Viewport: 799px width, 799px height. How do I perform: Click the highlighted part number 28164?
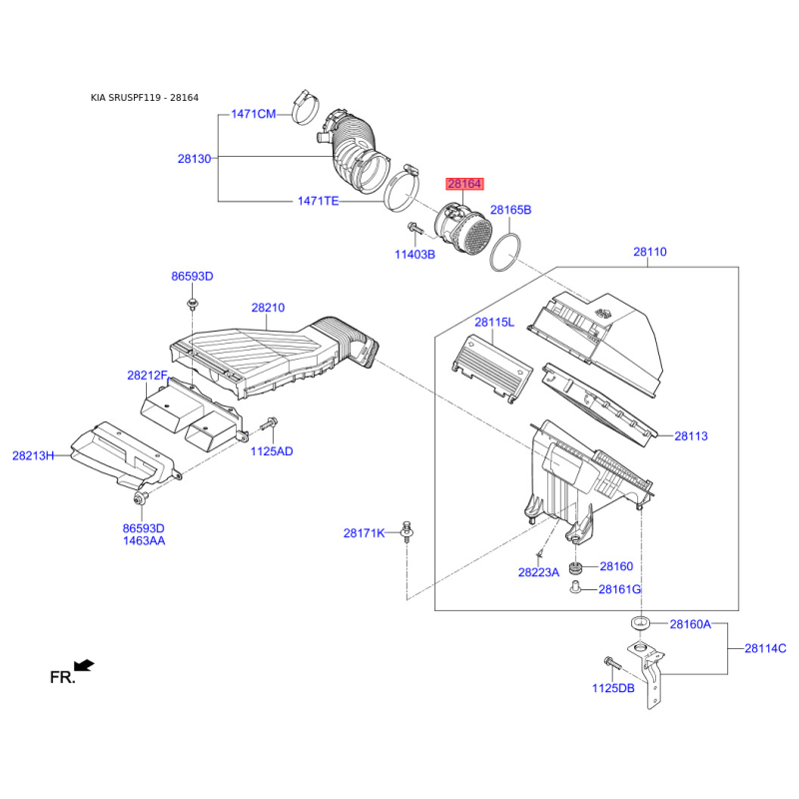click(464, 184)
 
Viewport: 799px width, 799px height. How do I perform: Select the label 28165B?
click(510, 210)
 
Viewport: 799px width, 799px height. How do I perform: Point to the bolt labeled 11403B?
click(414, 229)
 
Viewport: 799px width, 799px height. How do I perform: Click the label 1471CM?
click(254, 114)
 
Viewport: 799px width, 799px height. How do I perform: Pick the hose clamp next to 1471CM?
click(306, 108)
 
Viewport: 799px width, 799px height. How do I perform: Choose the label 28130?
click(194, 159)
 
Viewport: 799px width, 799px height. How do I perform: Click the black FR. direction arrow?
click(84, 665)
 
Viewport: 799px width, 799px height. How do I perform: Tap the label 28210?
click(268, 308)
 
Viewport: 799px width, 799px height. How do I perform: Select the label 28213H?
click(33, 455)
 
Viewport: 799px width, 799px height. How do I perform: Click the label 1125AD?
click(272, 451)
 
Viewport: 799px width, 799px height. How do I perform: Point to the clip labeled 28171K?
click(406, 532)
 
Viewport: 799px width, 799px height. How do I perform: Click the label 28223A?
click(538, 572)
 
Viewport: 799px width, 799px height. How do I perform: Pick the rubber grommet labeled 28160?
click(575, 567)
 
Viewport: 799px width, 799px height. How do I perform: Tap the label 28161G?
click(619, 589)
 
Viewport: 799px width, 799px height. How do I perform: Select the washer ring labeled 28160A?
click(640, 623)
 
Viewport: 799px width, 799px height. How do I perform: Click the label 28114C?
click(765, 648)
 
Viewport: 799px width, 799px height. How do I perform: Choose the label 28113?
click(691, 436)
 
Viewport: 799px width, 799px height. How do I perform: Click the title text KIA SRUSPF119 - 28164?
click(145, 97)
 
